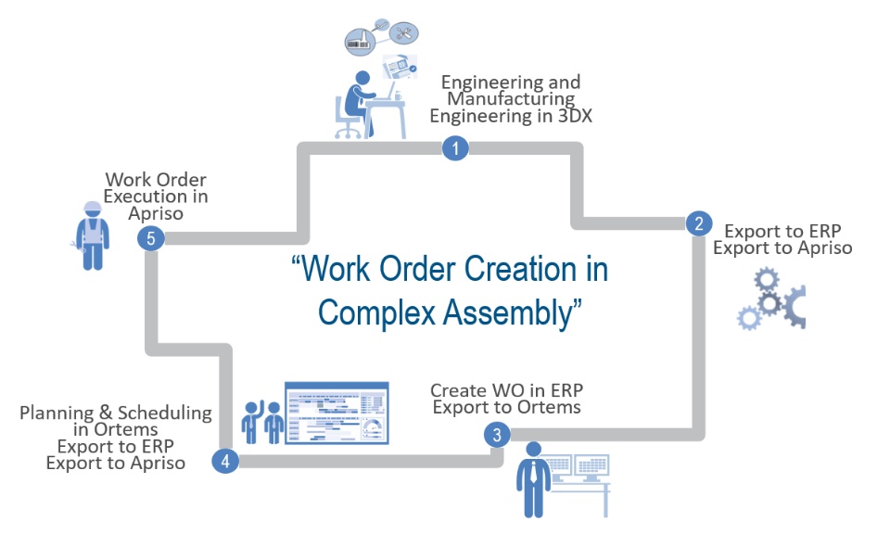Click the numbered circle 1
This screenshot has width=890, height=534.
455,148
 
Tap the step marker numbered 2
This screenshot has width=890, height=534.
699,223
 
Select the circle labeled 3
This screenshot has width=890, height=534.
497,435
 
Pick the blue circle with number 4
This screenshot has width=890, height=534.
225,461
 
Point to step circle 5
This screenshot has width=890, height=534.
151,238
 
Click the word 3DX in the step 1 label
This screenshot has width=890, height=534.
571,116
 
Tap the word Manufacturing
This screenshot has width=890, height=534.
511,99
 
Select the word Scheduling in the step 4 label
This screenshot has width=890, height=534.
165,413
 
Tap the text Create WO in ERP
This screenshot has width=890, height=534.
507,390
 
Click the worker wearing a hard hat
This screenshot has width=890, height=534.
92,235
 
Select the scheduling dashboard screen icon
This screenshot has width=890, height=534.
337,413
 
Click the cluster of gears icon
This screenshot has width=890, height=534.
772,299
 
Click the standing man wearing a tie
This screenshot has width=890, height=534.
534,480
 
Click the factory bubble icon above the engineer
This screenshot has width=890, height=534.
360,41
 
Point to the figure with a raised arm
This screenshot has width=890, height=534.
251,422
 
